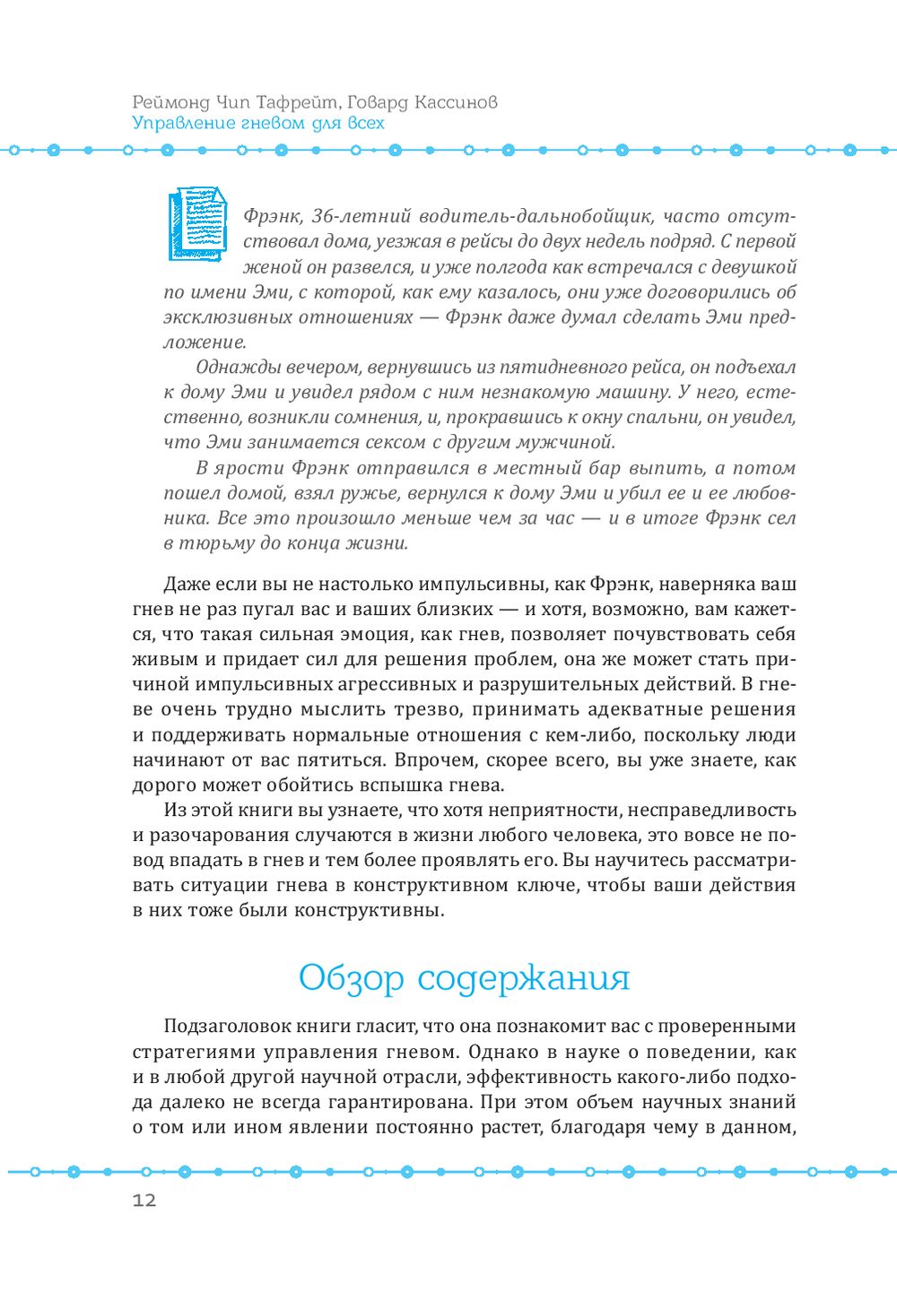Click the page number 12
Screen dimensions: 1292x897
[x=144, y=1201]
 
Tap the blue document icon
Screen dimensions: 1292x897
[x=197, y=224]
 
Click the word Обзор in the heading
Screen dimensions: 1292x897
[x=351, y=977]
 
